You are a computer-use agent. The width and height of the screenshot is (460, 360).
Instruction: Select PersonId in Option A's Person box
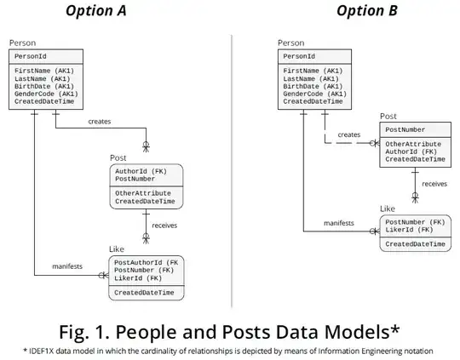32,55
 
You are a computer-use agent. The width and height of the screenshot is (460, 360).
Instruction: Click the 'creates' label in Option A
100,121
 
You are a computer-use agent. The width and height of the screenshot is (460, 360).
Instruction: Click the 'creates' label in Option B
348,134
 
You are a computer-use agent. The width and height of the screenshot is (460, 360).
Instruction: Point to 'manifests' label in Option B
339,223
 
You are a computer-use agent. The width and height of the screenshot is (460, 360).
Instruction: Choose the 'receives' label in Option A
165,226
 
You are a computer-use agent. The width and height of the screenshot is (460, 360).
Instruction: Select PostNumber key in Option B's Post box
405,129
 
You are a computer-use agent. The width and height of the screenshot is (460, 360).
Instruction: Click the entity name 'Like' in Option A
116,249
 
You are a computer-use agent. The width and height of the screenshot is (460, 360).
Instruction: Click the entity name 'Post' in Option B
388,116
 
